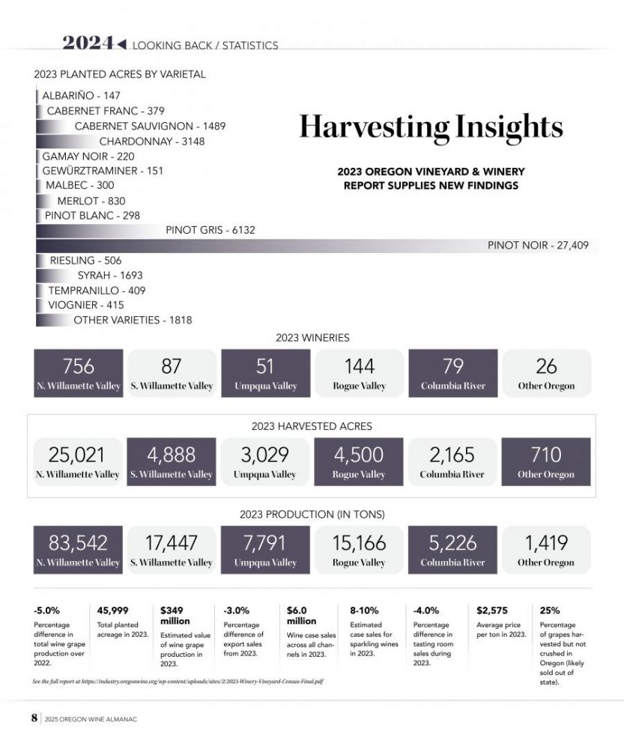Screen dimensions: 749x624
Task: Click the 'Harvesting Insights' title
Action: (431, 127)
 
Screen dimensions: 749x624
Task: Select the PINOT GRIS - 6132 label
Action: (210, 231)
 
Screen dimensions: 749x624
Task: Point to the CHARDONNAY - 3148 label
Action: (152, 141)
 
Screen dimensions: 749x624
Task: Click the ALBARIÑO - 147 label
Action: (81, 96)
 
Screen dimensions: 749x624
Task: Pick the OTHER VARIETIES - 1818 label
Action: (133, 321)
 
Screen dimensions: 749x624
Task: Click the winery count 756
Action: (79, 366)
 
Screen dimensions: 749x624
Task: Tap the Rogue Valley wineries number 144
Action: (360, 366)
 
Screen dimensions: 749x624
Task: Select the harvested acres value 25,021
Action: (76, 455)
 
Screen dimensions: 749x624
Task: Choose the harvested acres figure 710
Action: (546, 455)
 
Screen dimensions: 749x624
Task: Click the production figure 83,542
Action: (78, 543)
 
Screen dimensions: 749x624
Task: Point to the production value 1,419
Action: (546, 543)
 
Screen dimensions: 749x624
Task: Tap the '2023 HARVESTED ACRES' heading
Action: (312, 426)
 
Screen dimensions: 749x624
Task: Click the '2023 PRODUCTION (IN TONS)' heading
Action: (312, 515)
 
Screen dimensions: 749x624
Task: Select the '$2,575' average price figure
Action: (492, 610)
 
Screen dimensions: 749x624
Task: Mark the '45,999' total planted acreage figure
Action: (113, 610)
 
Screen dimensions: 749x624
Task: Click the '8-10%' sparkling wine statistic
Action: (364, 610)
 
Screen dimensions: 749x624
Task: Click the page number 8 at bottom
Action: (34, 718)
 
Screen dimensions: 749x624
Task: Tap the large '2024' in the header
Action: (88, 43)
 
